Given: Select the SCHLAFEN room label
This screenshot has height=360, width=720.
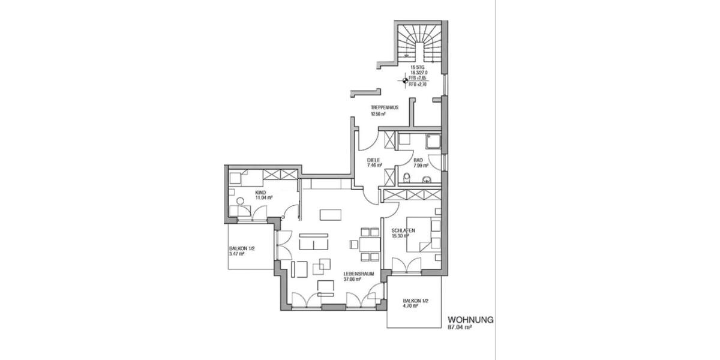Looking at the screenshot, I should coord(403,230).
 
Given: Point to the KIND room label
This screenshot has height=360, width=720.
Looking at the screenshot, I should coord(260,191).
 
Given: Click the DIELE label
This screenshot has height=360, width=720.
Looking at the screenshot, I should coord(374,160).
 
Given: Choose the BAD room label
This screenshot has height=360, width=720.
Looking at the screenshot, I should coord(418,160).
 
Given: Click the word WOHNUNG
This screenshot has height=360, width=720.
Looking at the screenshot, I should coord(471,320).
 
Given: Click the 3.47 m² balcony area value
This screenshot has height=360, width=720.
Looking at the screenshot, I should coord(238,254).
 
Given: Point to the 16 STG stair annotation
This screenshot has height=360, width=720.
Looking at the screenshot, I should coord(417,67).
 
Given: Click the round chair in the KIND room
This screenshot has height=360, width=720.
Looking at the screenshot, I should coord(240,202).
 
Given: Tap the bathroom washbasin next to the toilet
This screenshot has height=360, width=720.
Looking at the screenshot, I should coord(427,178).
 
